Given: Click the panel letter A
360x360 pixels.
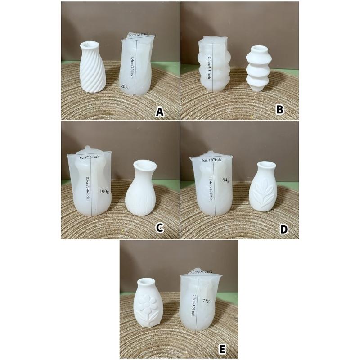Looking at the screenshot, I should point(159,112).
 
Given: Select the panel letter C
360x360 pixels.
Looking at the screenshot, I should point(159,228).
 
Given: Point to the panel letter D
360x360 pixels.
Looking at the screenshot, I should point(283,229).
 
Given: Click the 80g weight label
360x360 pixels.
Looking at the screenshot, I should point(125,85).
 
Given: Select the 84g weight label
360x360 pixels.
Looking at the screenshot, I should point(226,180).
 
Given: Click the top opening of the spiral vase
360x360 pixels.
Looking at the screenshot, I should point(94,45).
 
